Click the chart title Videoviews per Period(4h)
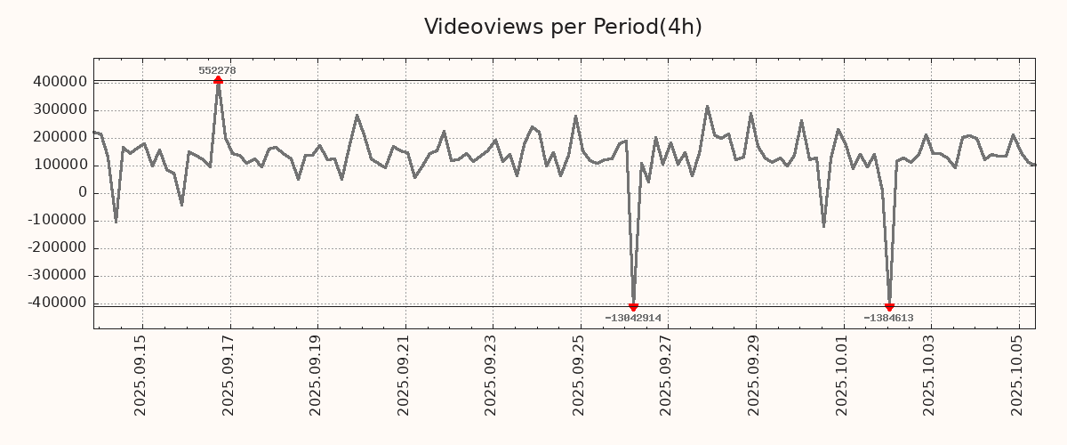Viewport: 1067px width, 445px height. click(563, 27)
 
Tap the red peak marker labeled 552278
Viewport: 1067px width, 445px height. click(218, 81)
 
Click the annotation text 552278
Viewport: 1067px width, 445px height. click(217, 70)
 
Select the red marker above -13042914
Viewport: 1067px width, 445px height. click(633, 307)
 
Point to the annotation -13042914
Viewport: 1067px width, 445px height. click(633, 318)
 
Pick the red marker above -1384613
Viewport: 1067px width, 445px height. click(889, 307)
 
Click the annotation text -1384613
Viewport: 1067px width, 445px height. click(888, 318)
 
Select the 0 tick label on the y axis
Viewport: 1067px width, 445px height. click(83, 193)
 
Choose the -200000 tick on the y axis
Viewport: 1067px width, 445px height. click(55, 248)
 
